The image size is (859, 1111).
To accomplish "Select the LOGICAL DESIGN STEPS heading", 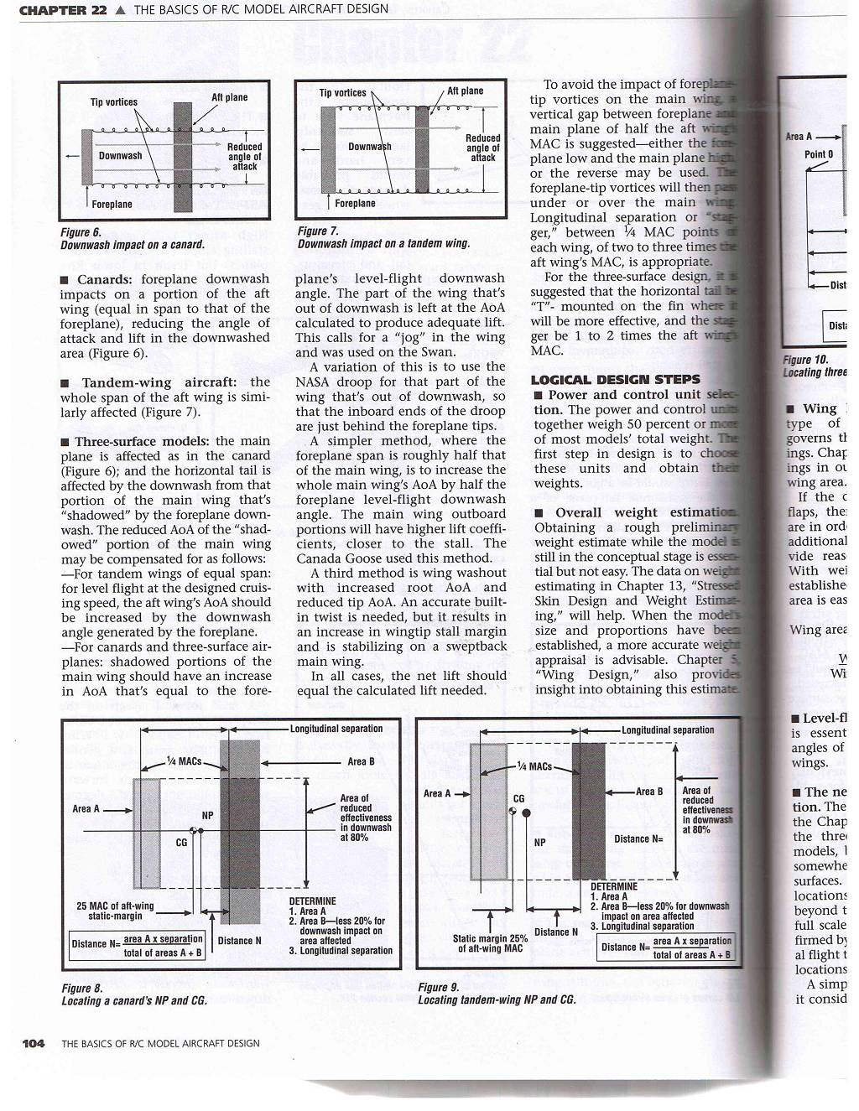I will pos(615,379).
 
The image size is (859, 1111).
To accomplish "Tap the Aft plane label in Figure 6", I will pos(229,97).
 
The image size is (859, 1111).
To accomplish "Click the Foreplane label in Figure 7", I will pos(355,203).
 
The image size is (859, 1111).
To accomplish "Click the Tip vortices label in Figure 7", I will pos(342,93).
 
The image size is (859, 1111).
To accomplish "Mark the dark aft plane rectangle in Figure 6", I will pos(182,156).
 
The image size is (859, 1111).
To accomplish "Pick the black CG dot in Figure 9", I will pos(525,812).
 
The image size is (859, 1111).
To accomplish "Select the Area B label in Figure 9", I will pos(649,792).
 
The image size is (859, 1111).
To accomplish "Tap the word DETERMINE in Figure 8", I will pos(312,901).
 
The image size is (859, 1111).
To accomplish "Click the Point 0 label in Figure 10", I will pos(819,154).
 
